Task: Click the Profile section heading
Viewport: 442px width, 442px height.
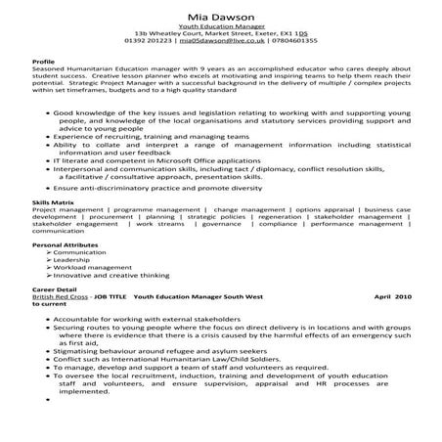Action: pos(42,87)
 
